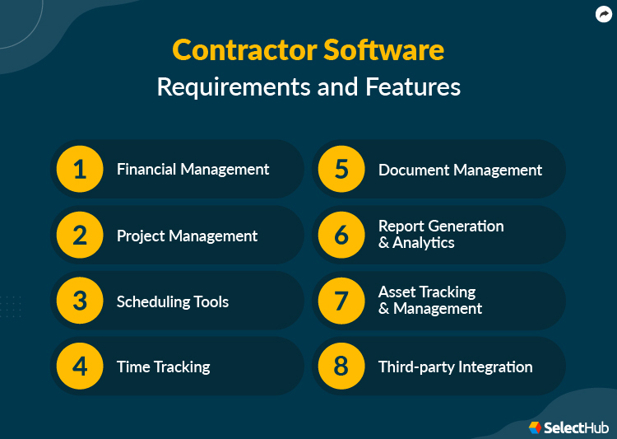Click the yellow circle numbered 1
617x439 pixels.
click(80, 170)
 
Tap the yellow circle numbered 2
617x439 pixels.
click(80, 236)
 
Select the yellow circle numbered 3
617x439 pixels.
click(80, 301)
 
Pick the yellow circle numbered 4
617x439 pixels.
click(80, 367)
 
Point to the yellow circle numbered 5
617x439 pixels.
click(341, 170)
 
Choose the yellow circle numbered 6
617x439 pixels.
click(341, 236)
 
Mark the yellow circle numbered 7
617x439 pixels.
click(341, 301)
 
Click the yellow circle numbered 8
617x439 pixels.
click(341, 367)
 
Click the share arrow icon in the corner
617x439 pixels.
click(603, 14)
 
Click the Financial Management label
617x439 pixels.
click(193, 170)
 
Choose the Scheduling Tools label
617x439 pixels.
click(173, 301)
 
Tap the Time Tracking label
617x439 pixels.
click(163, 367)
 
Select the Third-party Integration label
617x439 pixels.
click(455, 367)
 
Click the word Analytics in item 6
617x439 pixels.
click(424, 243)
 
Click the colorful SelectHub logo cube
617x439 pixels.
click(536, 427)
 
